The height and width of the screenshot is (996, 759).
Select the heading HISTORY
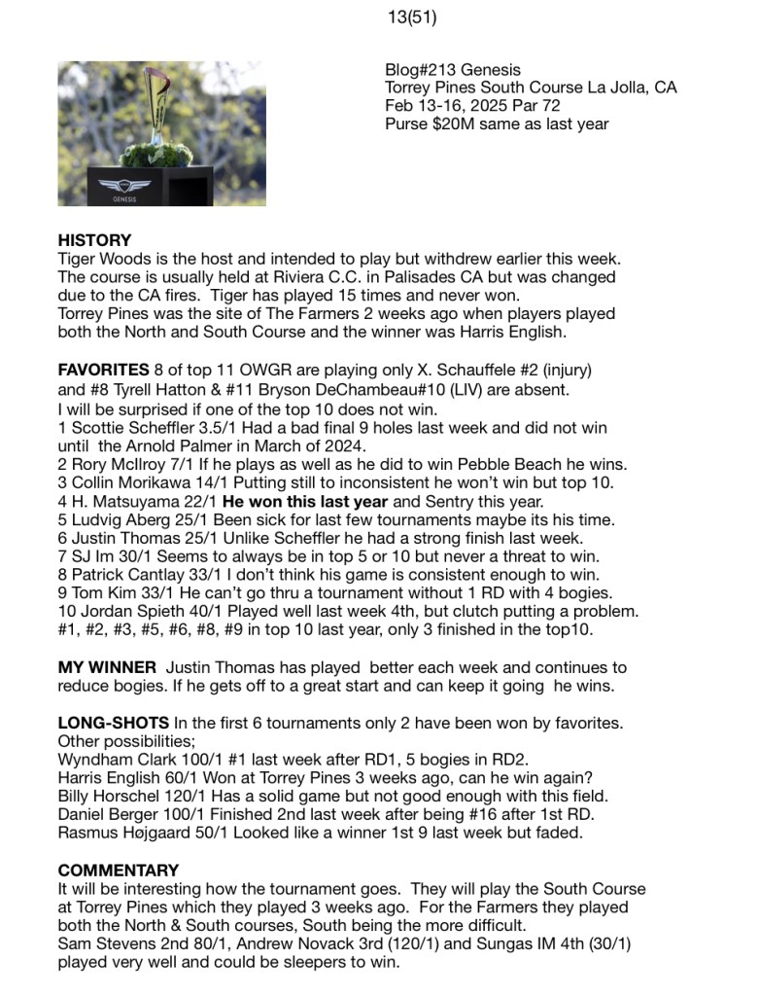(94, 240)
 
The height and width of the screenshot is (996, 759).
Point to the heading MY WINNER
(107, 667)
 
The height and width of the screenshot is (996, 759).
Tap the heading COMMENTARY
(119, 871)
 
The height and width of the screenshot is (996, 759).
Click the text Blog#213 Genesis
(452, 70)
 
